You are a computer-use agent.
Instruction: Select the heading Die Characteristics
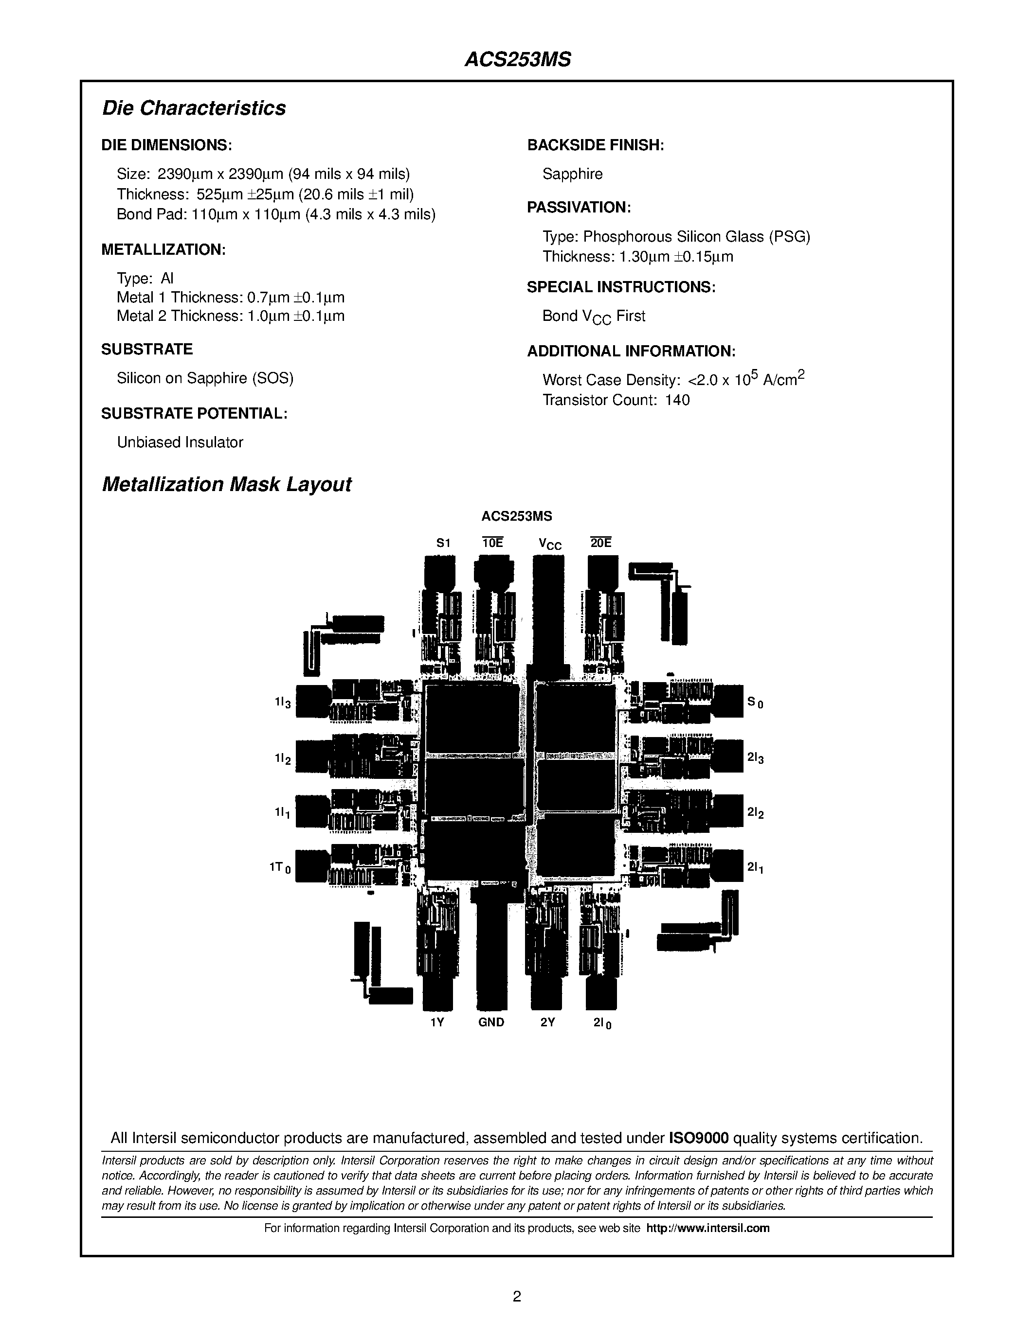point(194,108)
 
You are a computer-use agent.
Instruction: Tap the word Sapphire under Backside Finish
point(572,174)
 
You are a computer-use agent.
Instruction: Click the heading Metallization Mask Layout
point(226,484)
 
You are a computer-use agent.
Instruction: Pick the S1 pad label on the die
point(443,543)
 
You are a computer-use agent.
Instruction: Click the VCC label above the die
point(549,544)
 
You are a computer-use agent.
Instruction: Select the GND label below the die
point(491,1022)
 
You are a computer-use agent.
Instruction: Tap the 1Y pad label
point(437,1022)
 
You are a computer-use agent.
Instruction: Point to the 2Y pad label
point(547,1022)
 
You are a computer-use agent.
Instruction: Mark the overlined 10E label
point(492,543)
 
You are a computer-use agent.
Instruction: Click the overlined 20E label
point(601,543)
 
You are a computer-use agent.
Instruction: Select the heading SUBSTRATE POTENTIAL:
point(194,413)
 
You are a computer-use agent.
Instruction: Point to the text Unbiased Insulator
point(180,442)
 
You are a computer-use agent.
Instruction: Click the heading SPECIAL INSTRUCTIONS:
point(621,287)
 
